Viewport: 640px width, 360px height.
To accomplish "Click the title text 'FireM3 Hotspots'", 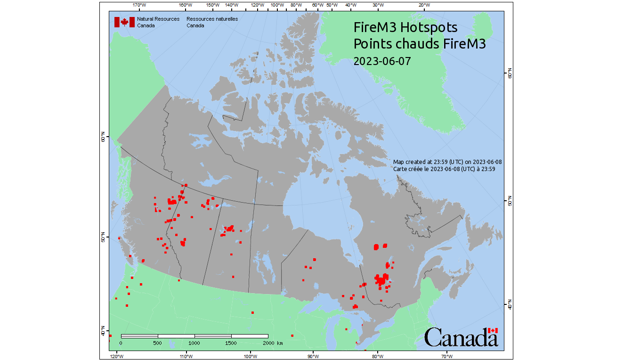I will pos(405,27).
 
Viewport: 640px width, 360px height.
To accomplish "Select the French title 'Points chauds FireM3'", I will pos(420,44).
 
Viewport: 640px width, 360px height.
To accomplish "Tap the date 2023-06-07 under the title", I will pos(382,61).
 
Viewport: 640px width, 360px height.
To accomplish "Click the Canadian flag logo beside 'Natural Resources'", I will pos(124,22).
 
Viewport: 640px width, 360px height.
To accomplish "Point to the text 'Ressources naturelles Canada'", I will pos(212,22).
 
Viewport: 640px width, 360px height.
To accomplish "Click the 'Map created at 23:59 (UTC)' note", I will pos(447,162).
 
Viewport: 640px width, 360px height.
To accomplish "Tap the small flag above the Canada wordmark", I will pos(493,331).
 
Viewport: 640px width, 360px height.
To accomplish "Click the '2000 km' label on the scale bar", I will pos(274,343).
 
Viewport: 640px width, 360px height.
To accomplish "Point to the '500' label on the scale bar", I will pos(158,343).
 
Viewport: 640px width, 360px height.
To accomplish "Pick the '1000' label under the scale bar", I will pos(194,343).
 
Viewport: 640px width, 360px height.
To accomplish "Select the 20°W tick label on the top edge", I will pos(424,5).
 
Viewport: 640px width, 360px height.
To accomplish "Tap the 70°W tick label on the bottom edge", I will pos(446,356).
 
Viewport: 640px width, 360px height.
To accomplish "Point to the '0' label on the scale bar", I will pos(121,343).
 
